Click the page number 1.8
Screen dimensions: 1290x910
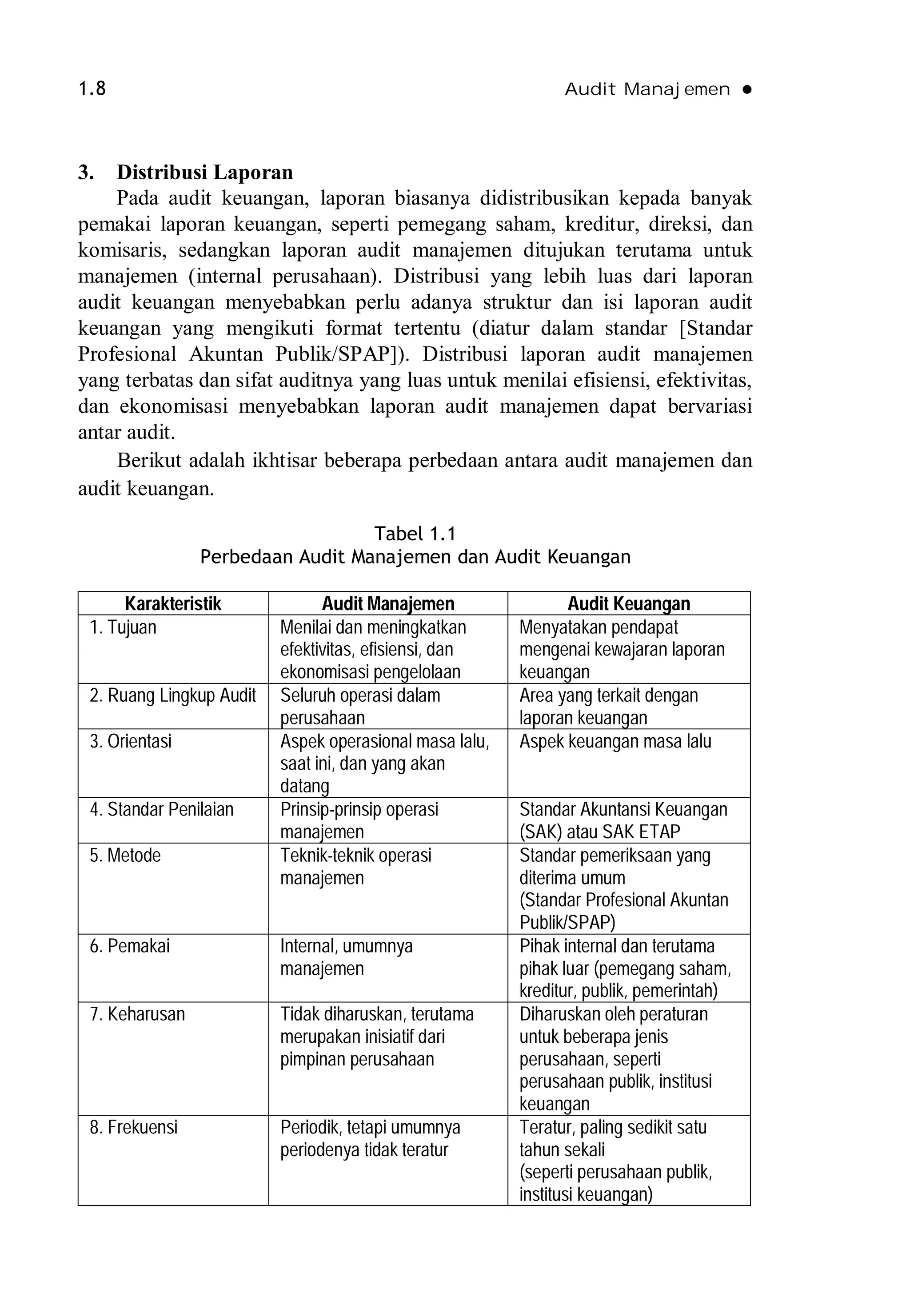click(92, 89)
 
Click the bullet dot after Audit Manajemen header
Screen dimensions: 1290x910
click(746, 89)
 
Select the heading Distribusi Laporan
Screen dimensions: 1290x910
click(204, 172)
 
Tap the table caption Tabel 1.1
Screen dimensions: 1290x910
click(415, 533)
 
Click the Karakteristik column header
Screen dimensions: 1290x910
click(173, 604)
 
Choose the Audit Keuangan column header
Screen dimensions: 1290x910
click(629, 604)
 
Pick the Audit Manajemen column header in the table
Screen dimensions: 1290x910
click(388, 604)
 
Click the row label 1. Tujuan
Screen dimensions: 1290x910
click(123, 627)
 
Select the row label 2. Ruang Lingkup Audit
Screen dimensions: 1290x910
click(172, 695)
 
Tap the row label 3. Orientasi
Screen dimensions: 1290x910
click(130, 742)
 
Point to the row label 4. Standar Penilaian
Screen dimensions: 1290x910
click(161, 810)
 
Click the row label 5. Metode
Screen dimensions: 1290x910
click(125, 856)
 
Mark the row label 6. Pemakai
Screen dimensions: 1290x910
click(130, 946)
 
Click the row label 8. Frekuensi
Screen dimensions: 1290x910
click(134, 1128)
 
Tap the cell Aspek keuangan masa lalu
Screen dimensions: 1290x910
click(615, 742)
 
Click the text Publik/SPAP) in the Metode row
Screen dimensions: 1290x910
click(567, 923)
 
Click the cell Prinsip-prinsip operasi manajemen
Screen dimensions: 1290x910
click(359, 820)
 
